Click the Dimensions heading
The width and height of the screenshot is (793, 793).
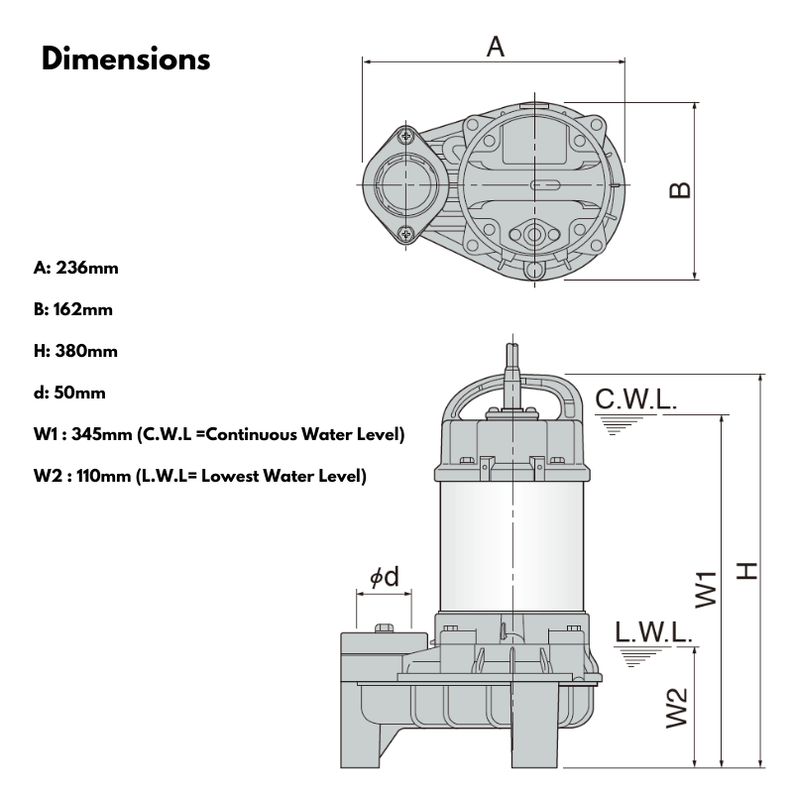126,57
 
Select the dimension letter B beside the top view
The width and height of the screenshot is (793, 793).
680,189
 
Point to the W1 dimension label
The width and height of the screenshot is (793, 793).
705,588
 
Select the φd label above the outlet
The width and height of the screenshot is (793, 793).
385,577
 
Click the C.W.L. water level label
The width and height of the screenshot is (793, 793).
635,399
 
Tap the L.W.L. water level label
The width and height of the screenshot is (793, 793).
652,632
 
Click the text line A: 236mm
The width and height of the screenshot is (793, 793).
76,268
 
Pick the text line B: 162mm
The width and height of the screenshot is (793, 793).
72,309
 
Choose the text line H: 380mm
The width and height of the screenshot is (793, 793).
75,351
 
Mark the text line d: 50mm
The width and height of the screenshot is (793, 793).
69,393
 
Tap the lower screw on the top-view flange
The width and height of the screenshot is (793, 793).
406,234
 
